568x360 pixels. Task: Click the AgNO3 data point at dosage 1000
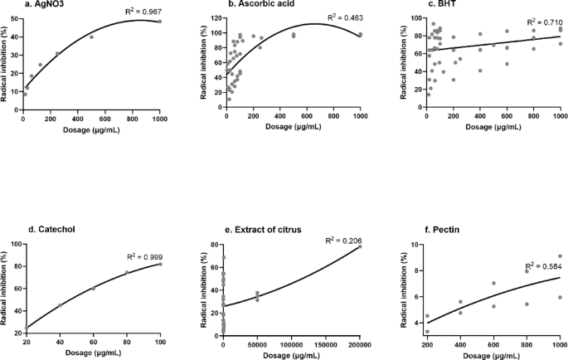(160, 22)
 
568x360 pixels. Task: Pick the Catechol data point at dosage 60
(93, 288)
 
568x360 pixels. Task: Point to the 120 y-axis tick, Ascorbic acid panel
(216, 18)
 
